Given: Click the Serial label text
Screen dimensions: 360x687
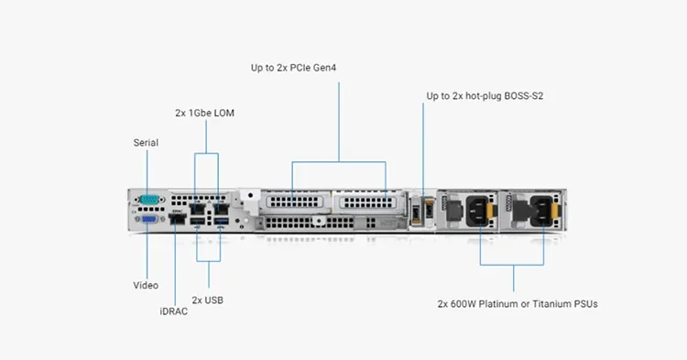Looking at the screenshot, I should click(146, 143).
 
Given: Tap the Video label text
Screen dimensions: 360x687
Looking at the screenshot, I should click(146, 285).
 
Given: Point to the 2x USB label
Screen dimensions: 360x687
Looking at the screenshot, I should click(208, 300).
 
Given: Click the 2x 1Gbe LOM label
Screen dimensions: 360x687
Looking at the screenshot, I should click(206, 113).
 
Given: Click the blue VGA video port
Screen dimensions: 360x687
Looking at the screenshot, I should click(149, 220).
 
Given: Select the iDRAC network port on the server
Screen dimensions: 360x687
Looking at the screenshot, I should click(179, 221).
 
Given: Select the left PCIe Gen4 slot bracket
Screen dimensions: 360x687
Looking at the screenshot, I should click(293, 201).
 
